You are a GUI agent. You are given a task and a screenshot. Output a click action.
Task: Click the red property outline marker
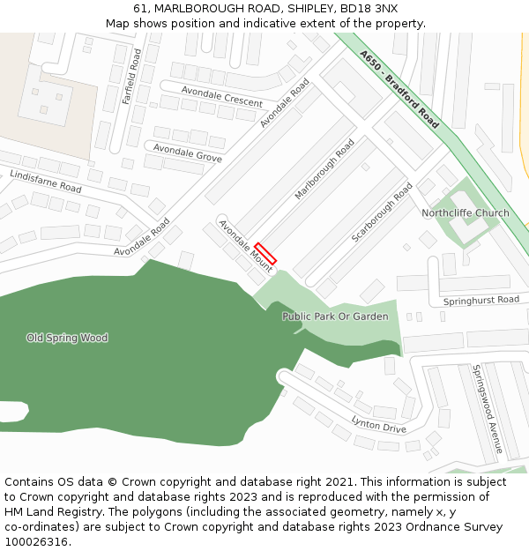pyautogui.click(x=265, y=253)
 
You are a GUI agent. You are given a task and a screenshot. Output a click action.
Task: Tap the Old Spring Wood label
pyautogui.click(x=67, y=338)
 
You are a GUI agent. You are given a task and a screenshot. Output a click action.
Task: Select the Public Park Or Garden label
pyautogui.click(x=335, y=316)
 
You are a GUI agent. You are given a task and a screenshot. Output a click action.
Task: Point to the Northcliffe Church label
pyautogui.click(x=465, y=213)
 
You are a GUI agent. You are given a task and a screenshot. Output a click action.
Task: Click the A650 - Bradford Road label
pyautogui.click(x=399, y=89)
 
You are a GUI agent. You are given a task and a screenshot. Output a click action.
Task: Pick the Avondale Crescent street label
pyautogui.click(x=221, y=96)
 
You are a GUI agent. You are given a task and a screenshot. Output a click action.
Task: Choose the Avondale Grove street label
pyautogui.click(x=187, y=153)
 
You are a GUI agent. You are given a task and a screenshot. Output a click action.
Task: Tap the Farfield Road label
pyautogui.click(x=132, y=78)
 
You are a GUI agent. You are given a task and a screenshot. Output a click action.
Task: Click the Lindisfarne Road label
pyautogui.click(x=46, y=182)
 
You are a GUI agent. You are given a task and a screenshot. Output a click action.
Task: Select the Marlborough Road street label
pyautogui.click(x=324, y=169)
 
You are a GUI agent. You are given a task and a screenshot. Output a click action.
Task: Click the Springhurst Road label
pyautogui.click(x=481, y=301)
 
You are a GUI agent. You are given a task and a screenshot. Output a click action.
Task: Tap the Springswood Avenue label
pyautogui.click(x=487, y=408)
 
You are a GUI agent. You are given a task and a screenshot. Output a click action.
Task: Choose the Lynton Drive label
pyautogui.click(x=378, y=424)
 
